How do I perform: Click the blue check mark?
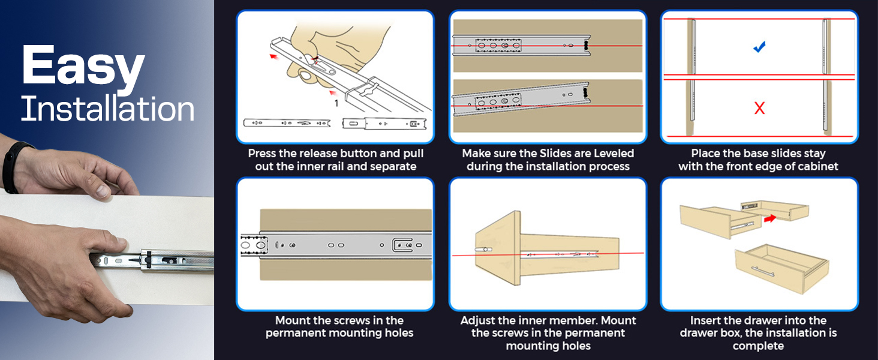(x=759, y=47)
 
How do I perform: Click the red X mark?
(x=759, y=108)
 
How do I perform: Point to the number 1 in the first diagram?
(x=336, y=103)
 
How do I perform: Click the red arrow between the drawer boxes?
(x=770, y=218)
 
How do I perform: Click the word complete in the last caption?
(x=758, y=346)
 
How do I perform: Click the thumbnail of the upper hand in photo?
(x=103, y=191)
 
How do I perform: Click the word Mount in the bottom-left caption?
(x=293, y=320)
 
